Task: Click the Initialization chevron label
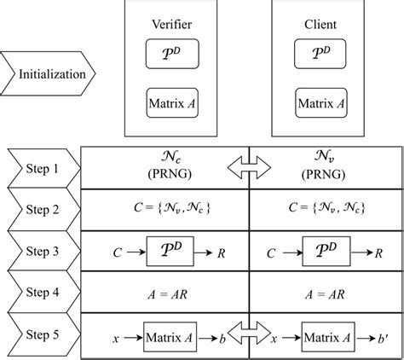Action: tap(52, 73)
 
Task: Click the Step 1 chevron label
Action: tap(43, 168)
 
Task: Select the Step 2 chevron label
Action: tap(43, 210)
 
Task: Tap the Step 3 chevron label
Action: tap(43, 252)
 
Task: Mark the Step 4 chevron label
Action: tap(43, 293)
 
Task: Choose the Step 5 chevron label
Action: tap(43, 335)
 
